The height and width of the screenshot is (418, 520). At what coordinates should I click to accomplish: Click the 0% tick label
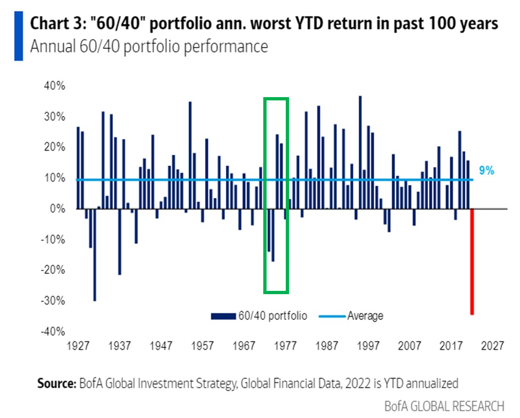pos(58,209)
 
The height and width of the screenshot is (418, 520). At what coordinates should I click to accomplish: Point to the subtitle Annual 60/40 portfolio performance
pos(149,47)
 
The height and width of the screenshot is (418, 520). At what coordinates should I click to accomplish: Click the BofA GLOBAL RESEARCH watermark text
pos(444,405)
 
